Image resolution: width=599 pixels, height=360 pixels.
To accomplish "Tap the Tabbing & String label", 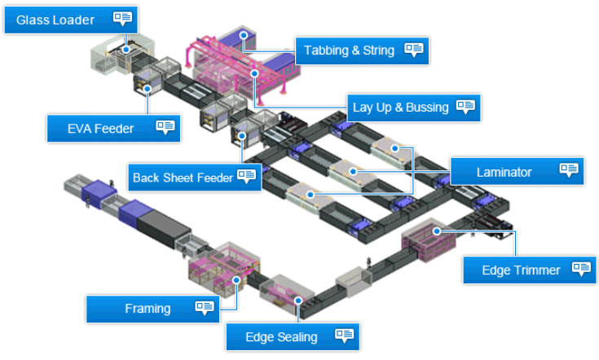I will (x=349, y=50).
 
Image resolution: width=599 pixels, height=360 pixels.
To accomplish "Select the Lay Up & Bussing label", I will (x=399, y=107).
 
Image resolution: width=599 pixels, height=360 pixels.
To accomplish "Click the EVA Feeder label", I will (x=101, y=127).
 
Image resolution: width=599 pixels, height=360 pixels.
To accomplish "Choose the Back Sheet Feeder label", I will (x=183, y=177).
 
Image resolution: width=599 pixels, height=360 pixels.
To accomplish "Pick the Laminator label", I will (x=504, y=172).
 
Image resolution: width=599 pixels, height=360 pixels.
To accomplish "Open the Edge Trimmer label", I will (x=521, y=270).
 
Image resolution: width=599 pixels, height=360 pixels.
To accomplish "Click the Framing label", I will (x=148, y=309).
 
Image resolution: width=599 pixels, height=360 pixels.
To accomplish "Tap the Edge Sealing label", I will (x=281, y=336).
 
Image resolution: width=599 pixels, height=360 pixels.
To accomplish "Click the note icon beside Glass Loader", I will (x=123, y=18).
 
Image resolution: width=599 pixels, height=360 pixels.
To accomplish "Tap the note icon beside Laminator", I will (x=569, y=170).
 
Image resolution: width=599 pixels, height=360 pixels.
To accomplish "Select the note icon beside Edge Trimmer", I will (x=581, y=268).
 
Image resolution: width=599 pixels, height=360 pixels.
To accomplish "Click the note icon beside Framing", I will (x=205, y=307).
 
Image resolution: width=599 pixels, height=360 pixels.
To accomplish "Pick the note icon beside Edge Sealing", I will (x=345, y=335).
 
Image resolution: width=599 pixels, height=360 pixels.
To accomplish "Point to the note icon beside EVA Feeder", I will (x=165, y=126).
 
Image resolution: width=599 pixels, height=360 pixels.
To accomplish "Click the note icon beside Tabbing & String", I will (x=414, y=49).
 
